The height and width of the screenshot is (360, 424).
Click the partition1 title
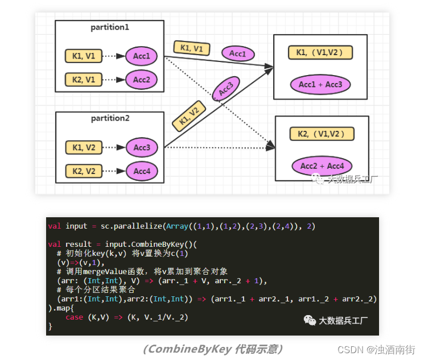(x=110, y=27)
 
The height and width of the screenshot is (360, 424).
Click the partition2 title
(x=110, y=118)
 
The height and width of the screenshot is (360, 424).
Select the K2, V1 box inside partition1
(x=84, y=80)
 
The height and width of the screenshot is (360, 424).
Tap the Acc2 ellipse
(x=141, y=80)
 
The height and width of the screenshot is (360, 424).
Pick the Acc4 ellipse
(x=142, y=171)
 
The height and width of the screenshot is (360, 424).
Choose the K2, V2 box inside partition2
(x=84, y=171)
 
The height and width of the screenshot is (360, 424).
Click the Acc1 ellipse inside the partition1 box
(x=141, y=56)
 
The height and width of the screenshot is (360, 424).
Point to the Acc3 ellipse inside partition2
(x=142, y=148)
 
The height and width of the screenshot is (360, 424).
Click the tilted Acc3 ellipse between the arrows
(x=226, y=89)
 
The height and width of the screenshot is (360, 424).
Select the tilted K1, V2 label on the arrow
(x=189, y=116)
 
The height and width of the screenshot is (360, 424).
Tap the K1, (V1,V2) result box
(x=320, y=53)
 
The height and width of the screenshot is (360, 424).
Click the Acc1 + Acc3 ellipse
(x=320, y=84)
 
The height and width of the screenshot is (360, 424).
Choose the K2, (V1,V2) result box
(x=322, y=134)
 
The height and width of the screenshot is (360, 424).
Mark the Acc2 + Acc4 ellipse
(x=322, y=166)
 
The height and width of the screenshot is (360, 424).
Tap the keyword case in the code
(x=75, y=317)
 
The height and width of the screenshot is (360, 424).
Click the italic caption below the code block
(x=213, y=349)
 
